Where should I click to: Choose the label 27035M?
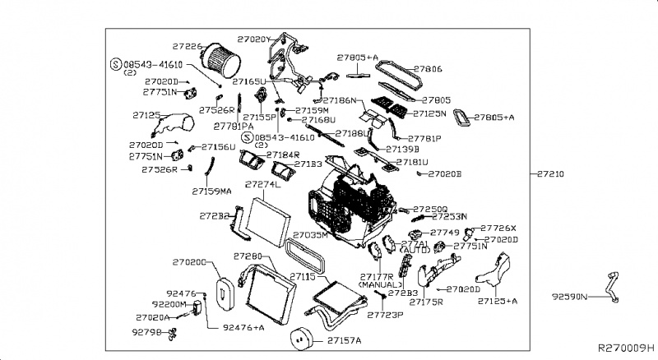311,235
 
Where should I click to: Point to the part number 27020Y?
253,39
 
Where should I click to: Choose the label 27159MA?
211,191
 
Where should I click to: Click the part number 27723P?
385,315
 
